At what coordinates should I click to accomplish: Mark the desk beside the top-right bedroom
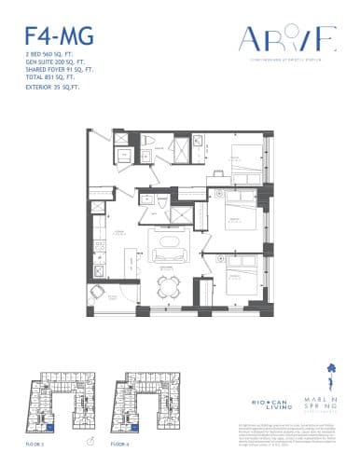216,173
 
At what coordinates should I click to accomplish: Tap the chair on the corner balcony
98,295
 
